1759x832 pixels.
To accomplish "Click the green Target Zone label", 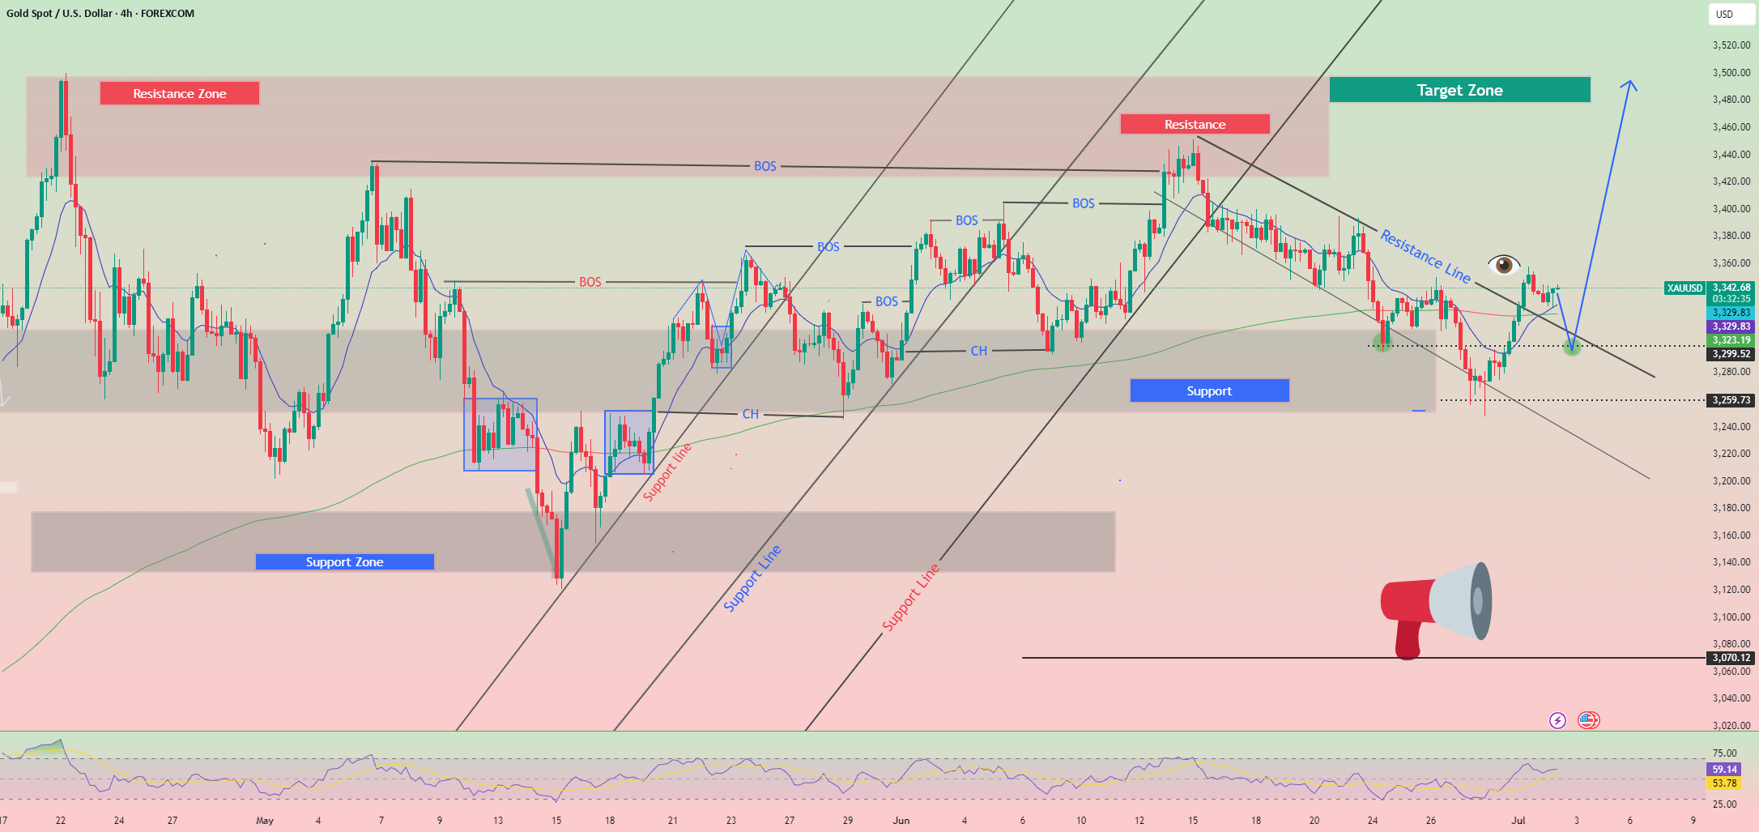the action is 1459,90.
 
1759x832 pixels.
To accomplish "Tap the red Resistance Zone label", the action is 180,93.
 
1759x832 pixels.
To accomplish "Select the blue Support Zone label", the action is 345,561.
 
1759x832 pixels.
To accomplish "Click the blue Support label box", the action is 1209,390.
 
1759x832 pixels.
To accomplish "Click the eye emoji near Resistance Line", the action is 1504,264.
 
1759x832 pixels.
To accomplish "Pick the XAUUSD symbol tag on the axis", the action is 1684,288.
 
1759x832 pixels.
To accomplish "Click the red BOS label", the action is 590,282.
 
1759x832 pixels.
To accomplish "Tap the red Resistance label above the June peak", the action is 1195,124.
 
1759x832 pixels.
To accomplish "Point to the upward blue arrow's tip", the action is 1630,80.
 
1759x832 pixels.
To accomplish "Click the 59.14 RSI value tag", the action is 1724,770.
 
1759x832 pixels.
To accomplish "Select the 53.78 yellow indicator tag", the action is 1724,783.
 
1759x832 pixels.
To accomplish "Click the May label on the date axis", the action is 265,821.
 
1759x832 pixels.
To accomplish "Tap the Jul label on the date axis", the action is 1518,821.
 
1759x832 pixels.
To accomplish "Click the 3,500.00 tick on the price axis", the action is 1731,72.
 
